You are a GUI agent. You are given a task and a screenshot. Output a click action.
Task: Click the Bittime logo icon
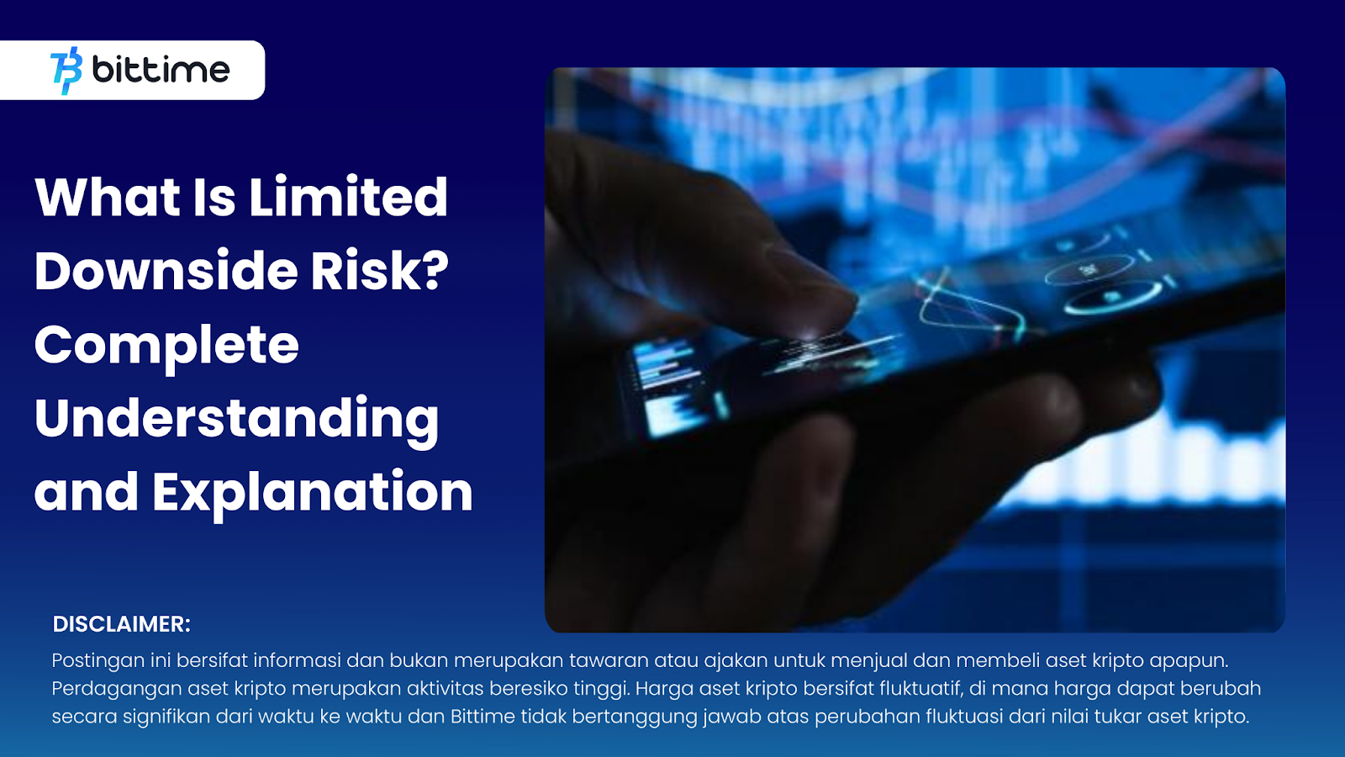click(x=66, y=71)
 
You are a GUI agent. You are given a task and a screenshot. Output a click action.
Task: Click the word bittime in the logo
click(x=161, y=71)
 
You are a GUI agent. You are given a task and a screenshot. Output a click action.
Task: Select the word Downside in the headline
click(x=166, y=271)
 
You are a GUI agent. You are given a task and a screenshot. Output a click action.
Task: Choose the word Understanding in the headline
click(x=237, y=420)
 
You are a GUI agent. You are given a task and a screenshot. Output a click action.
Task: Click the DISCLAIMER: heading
click(x=122, y=624)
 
